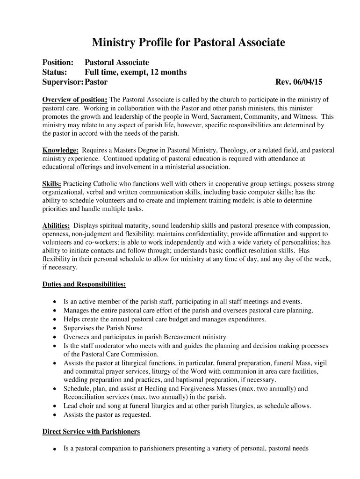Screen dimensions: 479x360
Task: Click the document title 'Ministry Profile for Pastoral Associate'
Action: [x=188, y=44]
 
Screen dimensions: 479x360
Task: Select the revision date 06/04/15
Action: [x=306, y=82]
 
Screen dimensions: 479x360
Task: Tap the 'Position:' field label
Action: [x=58, y=63]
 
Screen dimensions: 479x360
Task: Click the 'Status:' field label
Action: [x=55, y=73]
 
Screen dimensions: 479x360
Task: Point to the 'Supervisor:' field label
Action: [x=63, y=82]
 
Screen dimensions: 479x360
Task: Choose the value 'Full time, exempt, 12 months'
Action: [x=136, y=73]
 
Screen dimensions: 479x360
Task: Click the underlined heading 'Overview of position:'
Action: [x=75, y=100]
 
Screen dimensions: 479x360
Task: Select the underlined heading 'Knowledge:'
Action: [x=60, y=151]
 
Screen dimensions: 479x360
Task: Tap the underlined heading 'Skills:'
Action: [x=52, y=184]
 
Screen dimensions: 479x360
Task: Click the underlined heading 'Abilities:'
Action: [x=56, y=225]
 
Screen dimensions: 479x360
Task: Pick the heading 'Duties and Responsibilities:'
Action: [x=84, y=284]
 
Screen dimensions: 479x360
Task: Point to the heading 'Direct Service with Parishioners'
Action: [x=91, y=431]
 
